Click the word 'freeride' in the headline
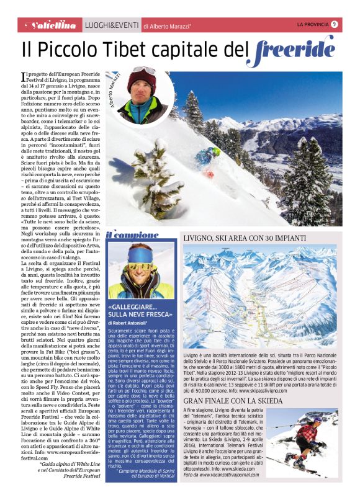[x=295, y=48]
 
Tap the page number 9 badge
[x=334, y=24]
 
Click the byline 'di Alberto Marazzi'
[x=167, y=26]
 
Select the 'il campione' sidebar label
[x=127, y=235]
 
